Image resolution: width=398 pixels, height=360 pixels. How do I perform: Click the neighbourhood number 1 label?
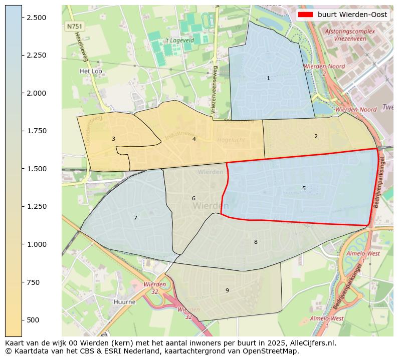[268, 78]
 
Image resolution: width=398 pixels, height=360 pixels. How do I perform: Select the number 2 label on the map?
[316, 136]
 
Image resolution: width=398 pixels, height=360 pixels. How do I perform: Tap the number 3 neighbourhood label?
[113, 139]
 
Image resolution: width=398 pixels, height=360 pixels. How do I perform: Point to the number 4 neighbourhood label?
[194, 139]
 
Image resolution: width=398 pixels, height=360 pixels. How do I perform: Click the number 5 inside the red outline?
[304, 188]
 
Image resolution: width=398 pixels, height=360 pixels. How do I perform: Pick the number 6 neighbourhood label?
[193, 198]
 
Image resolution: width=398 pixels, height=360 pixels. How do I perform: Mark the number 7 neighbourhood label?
[135, 218]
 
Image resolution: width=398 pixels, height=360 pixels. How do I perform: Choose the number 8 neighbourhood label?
[256, 242]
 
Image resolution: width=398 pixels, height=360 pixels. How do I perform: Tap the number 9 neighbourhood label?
[227, 290]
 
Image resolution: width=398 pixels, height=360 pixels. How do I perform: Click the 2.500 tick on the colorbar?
[36, 18]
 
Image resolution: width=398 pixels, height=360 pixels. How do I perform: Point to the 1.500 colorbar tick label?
[36, 169]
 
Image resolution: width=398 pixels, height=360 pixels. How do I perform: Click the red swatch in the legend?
[305, 15]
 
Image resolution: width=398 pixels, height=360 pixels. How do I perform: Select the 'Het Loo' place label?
[91, 71]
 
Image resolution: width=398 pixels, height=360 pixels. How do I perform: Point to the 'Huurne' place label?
[125, 302]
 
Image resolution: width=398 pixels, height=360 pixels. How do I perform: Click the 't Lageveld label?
[179, 40]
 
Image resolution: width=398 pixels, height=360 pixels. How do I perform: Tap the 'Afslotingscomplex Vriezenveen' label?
[350, 35]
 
